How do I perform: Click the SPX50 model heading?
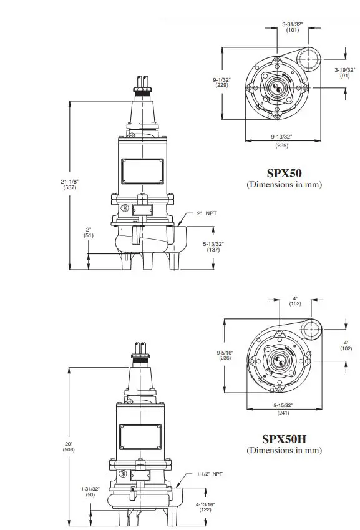284,173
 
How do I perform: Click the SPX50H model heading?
284,439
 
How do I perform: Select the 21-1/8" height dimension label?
69,184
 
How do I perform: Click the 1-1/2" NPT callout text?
208,474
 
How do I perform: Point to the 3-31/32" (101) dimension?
291,27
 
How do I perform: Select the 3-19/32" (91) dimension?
344,72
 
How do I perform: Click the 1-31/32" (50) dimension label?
90,491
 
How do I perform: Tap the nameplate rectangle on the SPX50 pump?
143,169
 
